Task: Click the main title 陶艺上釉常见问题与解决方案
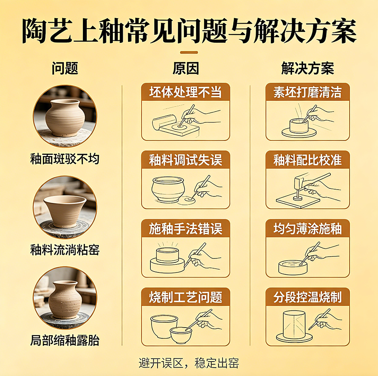[189, 30]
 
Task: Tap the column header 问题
[65, 68]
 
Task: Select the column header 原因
[186, 68]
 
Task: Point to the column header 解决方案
[308, 68]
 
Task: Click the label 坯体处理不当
[186, 92]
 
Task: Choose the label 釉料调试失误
[186, 160]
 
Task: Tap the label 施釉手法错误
[186, 229]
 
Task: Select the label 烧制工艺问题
[186, 297]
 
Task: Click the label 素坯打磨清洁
[308, 92]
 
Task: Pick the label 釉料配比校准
[308, 160]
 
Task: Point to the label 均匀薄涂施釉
[308, 229]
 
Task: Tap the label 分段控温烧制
[308, 297]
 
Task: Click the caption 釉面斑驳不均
[65, 159]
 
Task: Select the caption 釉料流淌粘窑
[65, 250]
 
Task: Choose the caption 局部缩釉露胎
[65, 341]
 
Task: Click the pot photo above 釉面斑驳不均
[65, 116]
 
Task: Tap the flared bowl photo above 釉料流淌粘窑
[65, 207]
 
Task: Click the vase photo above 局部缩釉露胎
[65, 298]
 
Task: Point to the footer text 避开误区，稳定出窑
[189, 363]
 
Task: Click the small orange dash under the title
[189, 52]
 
